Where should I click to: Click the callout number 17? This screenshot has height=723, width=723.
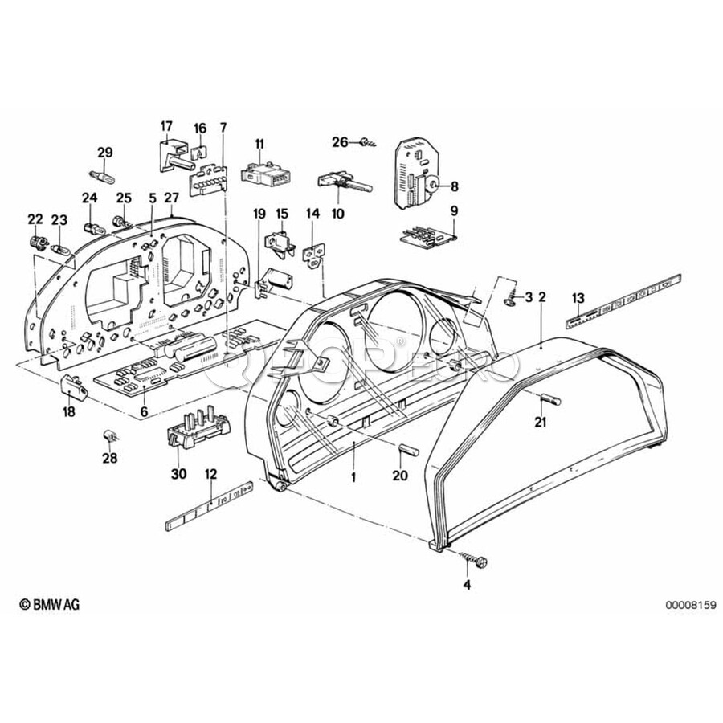click(x=166, y=125)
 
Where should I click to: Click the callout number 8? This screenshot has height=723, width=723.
click(x=454, y=186)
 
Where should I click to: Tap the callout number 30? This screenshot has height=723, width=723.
click(x=178, y=474)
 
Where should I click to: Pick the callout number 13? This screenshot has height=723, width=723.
click(x=578, y=299)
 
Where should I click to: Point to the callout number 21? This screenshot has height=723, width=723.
click(x=540, y=423)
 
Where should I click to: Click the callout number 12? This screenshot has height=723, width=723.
click(x=210, y=474)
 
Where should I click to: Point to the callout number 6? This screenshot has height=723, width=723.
click(x=145, y=411)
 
